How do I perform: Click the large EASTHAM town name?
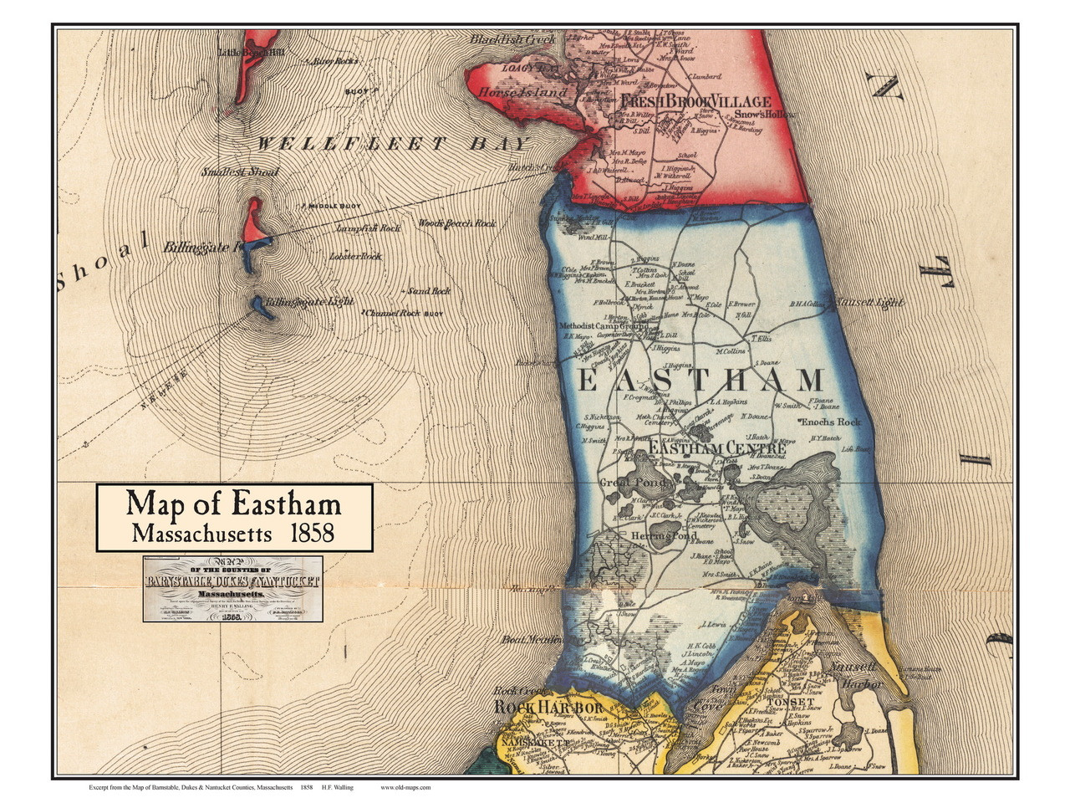pos(701,381)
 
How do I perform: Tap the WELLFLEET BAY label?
pos(393,143)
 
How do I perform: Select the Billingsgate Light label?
pos(306,302)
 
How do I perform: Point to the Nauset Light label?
pos(869,302)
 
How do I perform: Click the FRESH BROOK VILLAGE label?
pos(706,100)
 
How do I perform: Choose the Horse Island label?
pos(528,93)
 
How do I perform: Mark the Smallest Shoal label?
pos(240,172)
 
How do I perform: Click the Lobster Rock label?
pos(355,256)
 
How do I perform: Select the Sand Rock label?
pos(428,291)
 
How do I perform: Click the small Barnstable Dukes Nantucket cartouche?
pos(232,589)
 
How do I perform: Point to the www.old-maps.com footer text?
pos(405,787)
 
